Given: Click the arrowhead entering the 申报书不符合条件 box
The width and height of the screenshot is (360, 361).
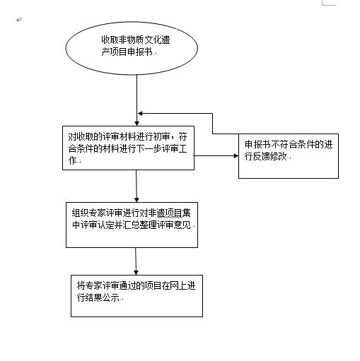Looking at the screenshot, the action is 236,155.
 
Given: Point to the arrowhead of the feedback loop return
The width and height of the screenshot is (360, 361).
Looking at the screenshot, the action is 140,114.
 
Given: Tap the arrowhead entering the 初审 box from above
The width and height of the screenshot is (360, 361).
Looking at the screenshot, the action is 137,124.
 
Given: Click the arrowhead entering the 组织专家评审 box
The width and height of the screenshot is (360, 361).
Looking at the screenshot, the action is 137,200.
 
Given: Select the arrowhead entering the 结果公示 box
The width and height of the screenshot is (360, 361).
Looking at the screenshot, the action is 136,273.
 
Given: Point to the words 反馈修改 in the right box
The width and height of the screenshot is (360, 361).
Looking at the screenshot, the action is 270,156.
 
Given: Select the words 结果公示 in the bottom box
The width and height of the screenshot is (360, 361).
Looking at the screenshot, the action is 102,297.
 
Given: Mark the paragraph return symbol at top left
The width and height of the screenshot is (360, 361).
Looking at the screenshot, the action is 19,20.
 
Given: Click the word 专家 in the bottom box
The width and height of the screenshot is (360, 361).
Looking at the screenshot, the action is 93,285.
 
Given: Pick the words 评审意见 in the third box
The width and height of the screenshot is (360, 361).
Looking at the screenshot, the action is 174,225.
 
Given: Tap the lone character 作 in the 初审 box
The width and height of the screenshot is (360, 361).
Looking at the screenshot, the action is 73,160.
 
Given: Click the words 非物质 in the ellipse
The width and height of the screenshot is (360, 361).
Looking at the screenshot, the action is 132,40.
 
